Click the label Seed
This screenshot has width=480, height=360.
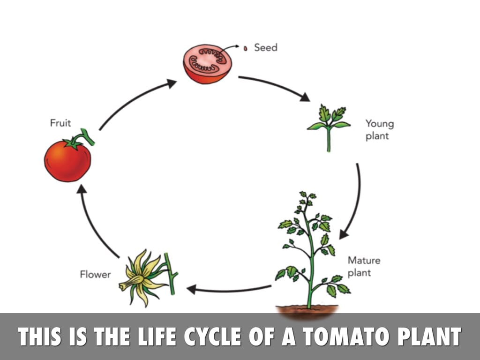coord(265,47)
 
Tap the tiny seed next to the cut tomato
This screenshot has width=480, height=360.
coord(245,48)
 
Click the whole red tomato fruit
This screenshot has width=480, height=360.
coord(67,161)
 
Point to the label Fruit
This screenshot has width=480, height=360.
coord(60,123)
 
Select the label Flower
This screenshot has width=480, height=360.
coord(96,274)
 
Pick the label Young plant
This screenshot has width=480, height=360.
coord(379,130)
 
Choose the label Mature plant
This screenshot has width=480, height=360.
coord(363,266)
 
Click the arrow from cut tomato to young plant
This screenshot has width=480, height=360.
coord(275,87)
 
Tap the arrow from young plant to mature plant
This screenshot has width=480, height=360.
coord(353,202)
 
